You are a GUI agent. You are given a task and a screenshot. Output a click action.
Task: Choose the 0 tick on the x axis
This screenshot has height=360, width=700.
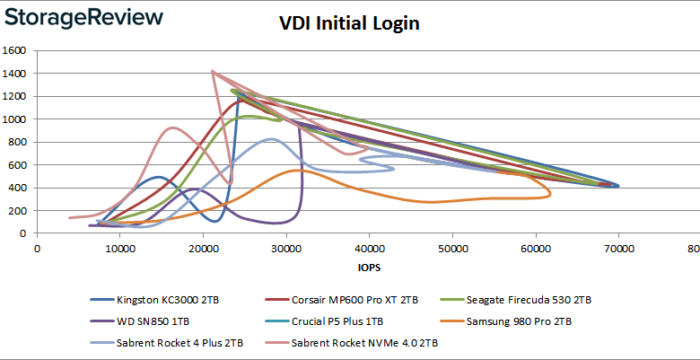pyautogui.click(x=36, y=248)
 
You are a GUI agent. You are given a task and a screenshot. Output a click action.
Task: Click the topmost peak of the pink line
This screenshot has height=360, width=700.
pyautogui.click(x=212, y=71)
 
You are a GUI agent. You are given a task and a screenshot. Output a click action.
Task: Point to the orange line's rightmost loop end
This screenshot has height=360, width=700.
pyautogui.click(x=550, y=191)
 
